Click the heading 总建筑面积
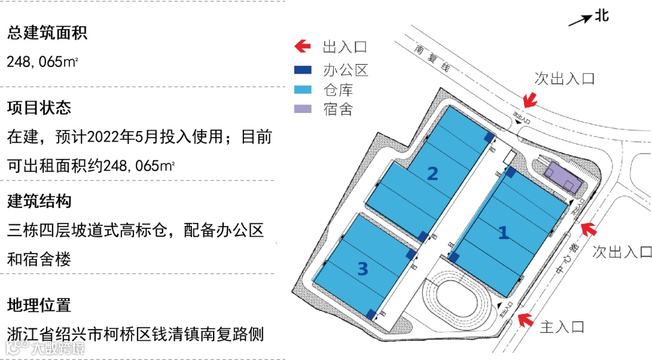47,33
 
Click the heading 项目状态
39,108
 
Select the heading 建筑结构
39,201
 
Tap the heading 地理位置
39,305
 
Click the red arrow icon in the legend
302,47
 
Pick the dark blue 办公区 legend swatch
302,70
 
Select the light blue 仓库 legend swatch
302,89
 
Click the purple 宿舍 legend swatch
302,109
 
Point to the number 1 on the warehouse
502,233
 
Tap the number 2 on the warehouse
432,174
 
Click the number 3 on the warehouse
362,269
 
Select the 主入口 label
562,327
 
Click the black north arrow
580,20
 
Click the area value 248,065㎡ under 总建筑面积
43,62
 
